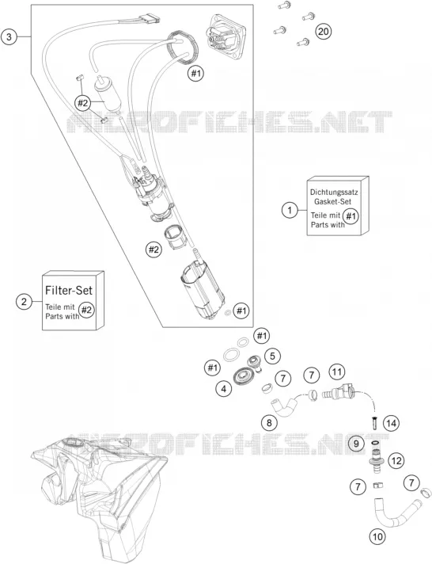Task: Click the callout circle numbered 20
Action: point(324,32)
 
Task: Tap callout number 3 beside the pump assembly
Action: point(9,36)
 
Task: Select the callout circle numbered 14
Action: point(392,423)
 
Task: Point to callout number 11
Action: point(337,372)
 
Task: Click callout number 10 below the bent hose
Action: point(377,537)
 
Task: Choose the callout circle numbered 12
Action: point(396,461)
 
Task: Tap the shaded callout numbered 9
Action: point(356,443)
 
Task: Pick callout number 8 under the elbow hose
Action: point(269,423)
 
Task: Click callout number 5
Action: point(272,356)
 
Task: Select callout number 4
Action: point(224,388)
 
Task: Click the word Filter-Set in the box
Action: point(69,290)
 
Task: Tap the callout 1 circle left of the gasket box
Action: point(290,210)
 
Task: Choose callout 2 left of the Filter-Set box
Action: point(24,301)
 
